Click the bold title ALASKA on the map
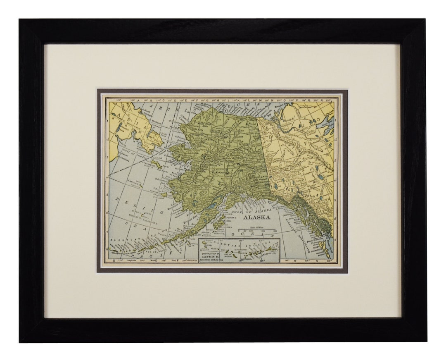click(256, 217)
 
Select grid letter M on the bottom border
click(294, 261)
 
